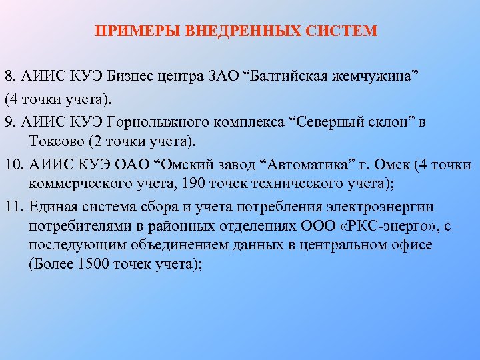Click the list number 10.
click(x=13, y=165)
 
